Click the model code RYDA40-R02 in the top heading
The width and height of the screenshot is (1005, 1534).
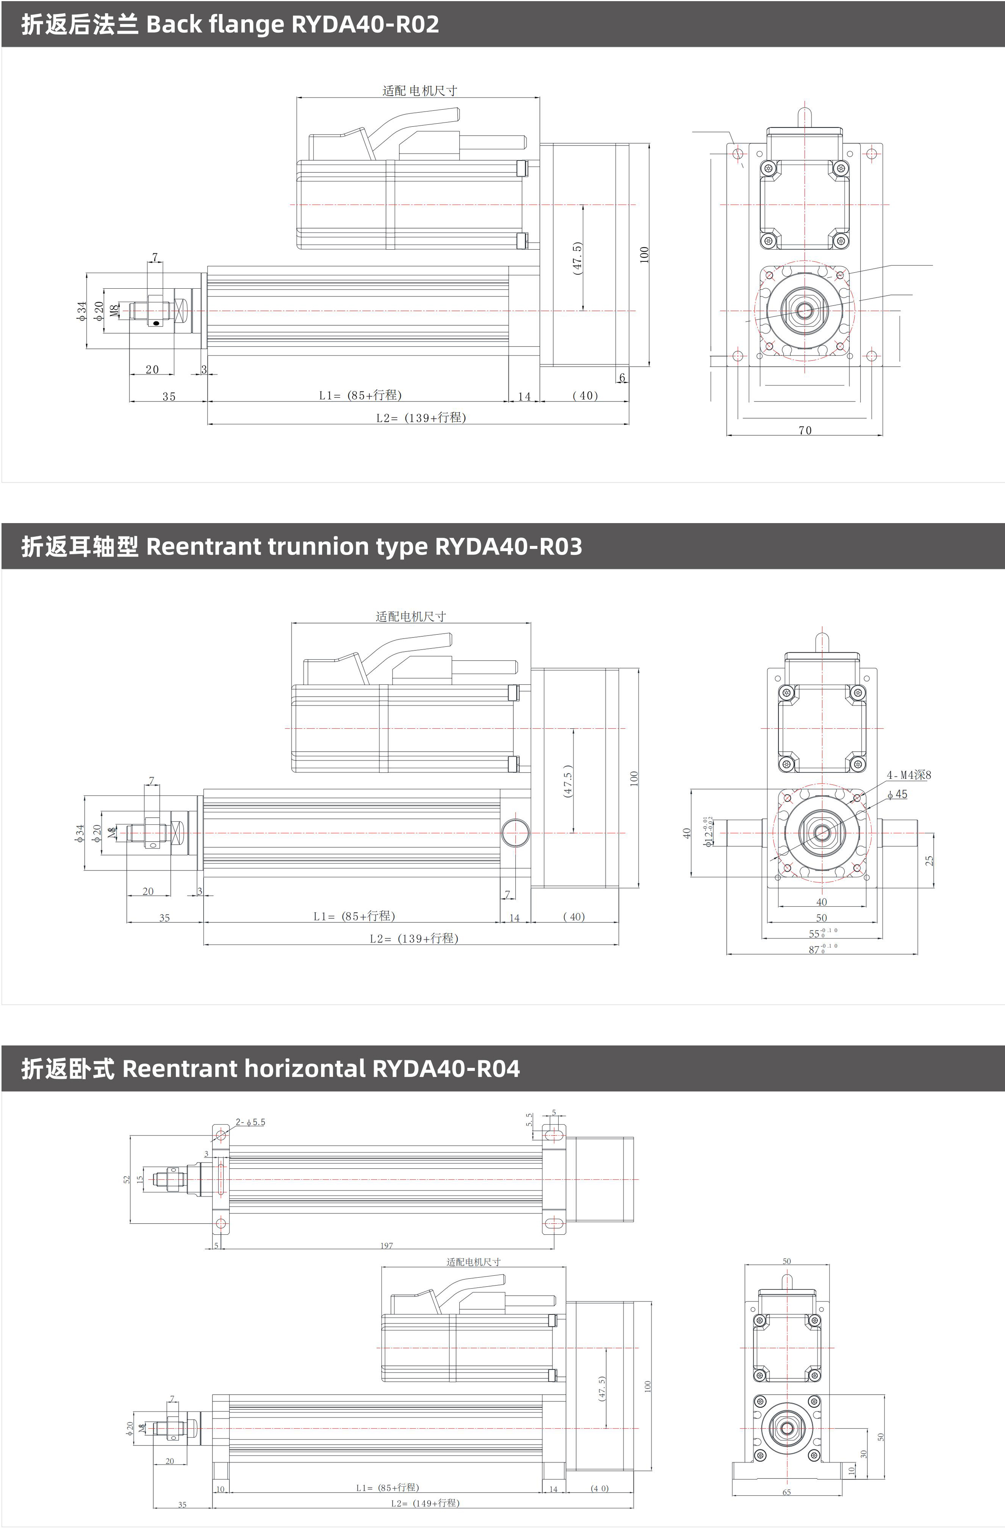(x=365, y=25)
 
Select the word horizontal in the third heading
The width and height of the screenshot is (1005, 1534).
(x=304, y=1069)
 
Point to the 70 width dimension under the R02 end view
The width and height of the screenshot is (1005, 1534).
(x=805, y=430)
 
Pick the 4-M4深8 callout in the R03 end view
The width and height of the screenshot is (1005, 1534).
(x=908, y=775)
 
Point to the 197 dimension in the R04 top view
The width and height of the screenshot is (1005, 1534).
(x=387, y=1245)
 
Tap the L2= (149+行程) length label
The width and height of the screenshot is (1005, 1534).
(x=425, y=1503)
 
